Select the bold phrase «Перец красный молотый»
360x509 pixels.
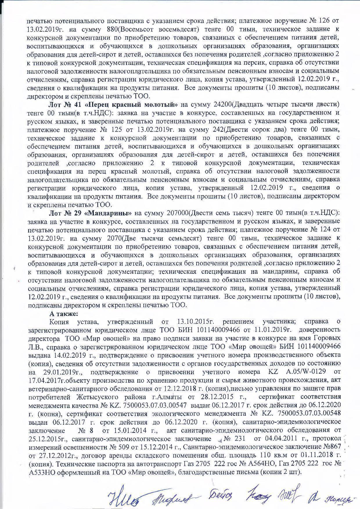[x=131, y=104]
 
